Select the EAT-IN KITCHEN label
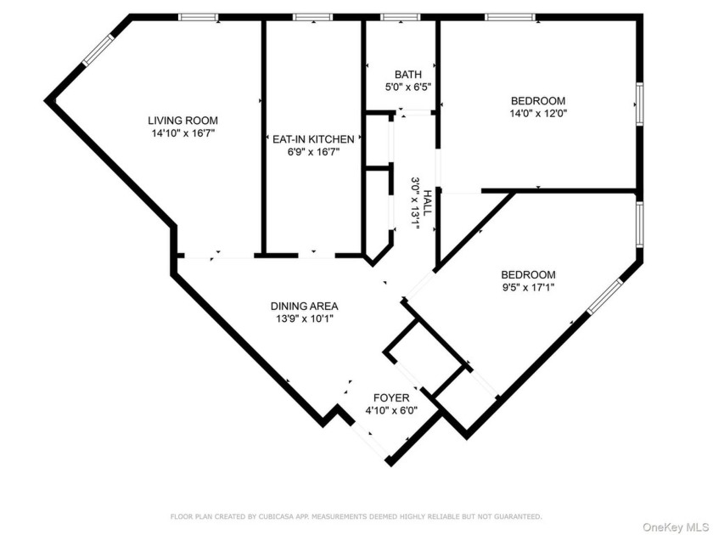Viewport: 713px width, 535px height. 312,138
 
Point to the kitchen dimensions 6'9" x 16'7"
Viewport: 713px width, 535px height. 312,151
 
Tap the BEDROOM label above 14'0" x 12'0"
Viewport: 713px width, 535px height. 537,100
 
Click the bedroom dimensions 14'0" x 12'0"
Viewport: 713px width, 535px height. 537,113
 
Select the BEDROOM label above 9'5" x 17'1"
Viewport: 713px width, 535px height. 528,274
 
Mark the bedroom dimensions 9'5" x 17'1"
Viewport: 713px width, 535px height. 528,287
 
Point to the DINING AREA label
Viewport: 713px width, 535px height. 305,306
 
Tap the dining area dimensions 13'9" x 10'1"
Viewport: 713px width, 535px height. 305,319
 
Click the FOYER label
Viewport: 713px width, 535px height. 391,397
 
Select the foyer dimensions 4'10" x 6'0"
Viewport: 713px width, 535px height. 391,410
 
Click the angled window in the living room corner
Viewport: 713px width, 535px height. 98,49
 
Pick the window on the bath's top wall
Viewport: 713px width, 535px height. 399,16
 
